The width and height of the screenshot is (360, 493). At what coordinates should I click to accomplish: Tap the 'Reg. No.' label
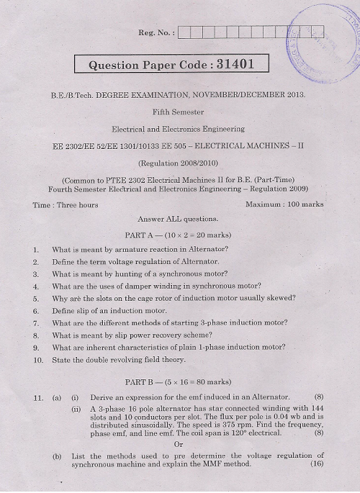(153, 32)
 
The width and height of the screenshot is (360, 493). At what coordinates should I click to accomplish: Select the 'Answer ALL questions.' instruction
(178, 218)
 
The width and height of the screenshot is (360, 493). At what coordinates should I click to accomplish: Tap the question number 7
(35, 323)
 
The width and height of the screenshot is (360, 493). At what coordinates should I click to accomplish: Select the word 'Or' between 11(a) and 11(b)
(179, 443)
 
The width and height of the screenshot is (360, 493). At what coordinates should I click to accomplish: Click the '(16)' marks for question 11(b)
(315, 464)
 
